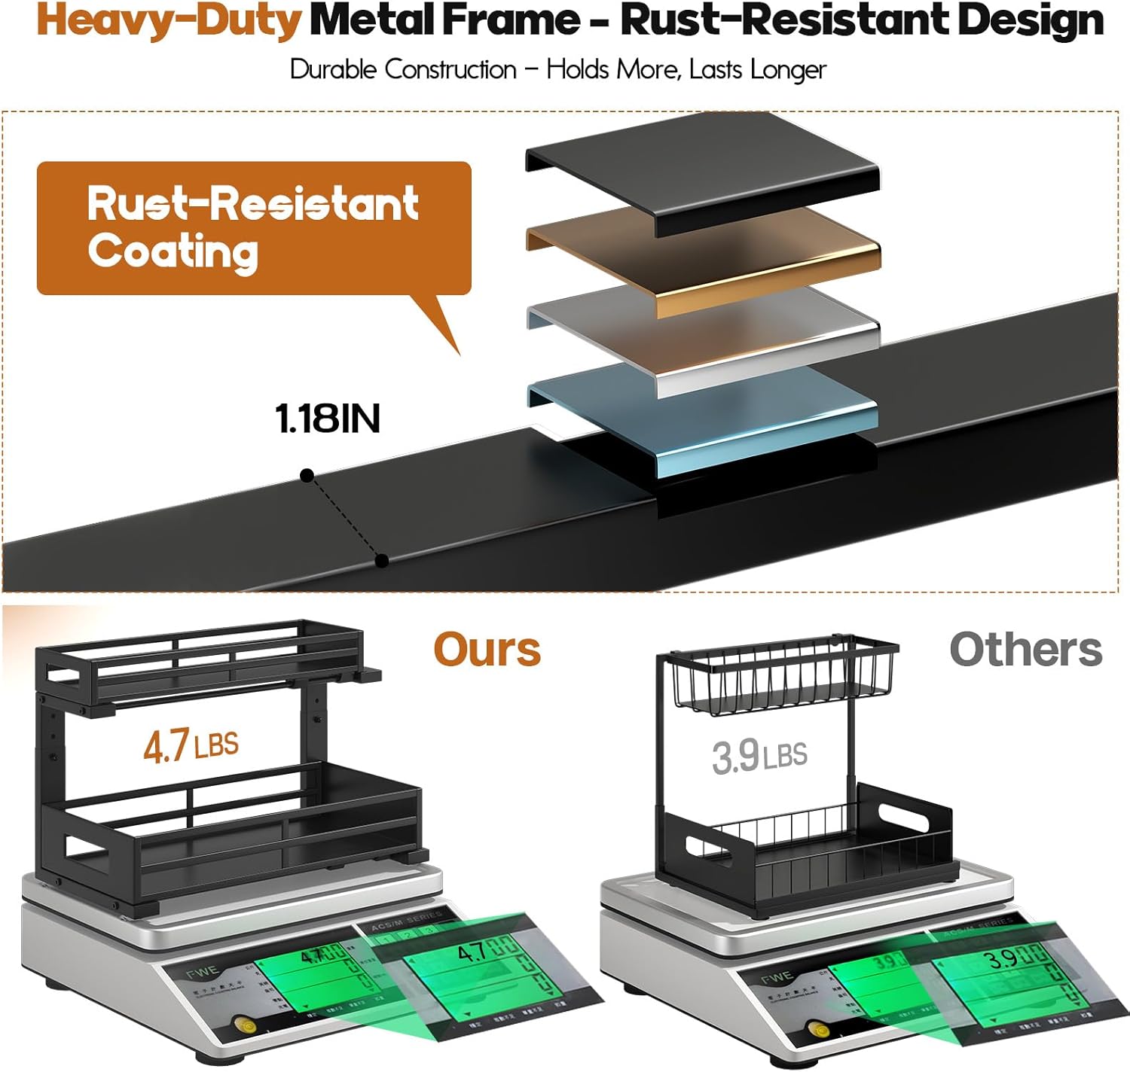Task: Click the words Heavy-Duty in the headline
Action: (x=169, y=21)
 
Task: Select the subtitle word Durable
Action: (x=333, y=70)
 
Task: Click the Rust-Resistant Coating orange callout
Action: (x=253, y=228)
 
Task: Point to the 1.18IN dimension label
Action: (x=328, y=419)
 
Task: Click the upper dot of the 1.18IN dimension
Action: (x=307, y=475)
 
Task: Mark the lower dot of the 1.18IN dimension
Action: (x=382, y=560)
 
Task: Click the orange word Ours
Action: (x=487, y=650)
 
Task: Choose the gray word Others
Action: (x=1025, y=650)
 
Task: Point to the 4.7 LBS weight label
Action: (x=191, y=745)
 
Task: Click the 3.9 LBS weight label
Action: (x=759, y=755)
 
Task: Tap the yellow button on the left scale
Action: (x=243, y=1025)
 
